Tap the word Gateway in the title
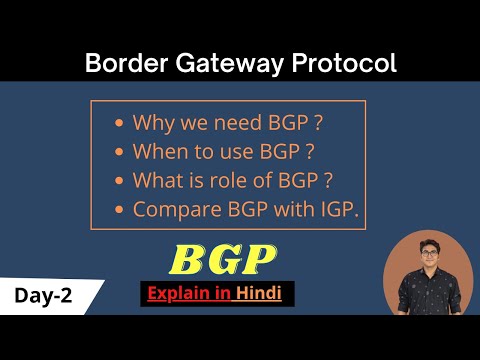[219, 65]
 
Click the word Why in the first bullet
[152, 124]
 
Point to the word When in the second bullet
[156, 153]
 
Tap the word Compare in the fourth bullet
[172, 212]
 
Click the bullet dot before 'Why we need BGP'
[120, 125]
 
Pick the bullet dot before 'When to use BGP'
[120, 154]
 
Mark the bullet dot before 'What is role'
[120, 183]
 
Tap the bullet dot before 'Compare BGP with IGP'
[120, 212]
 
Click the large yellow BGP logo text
[223, 260]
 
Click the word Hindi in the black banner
[263, 295]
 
